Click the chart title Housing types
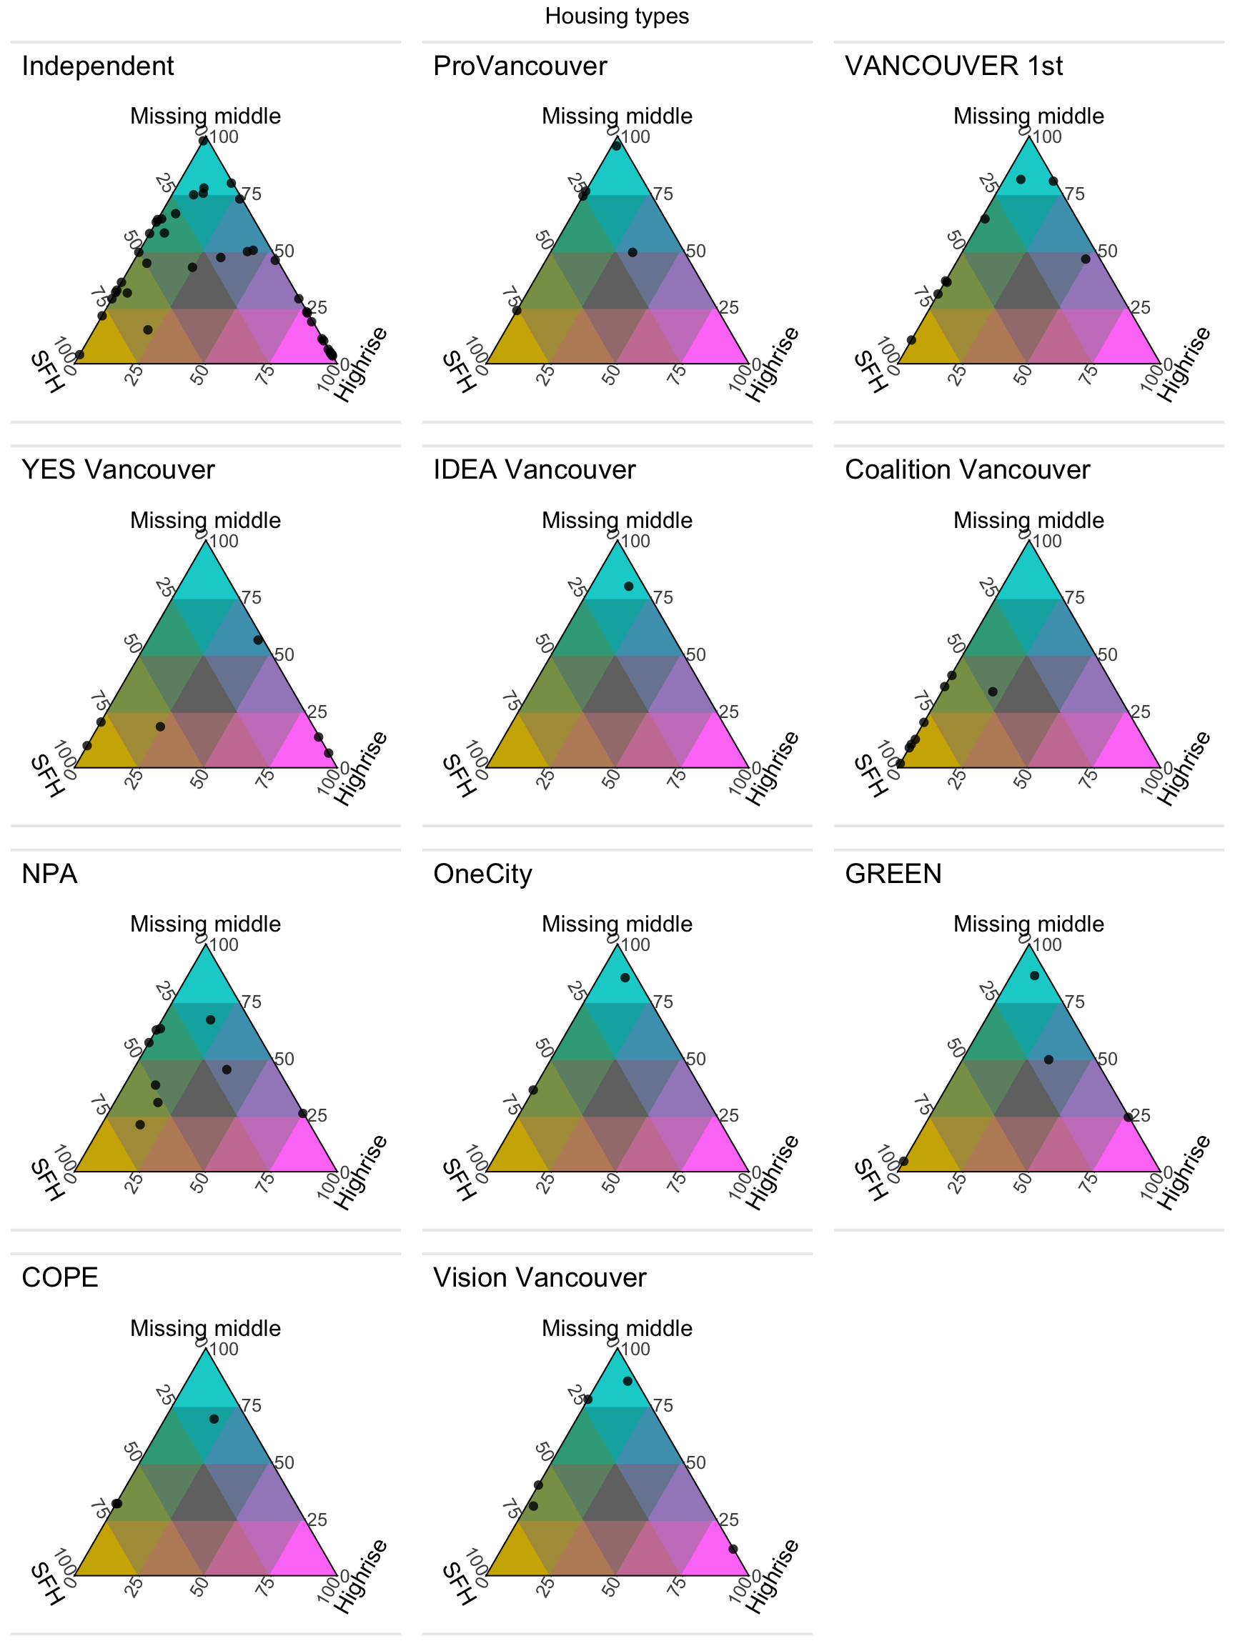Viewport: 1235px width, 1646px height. [616, 16]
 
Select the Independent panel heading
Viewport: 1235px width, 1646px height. [97, 66]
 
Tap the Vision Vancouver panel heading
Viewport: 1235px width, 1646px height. [540, 1277]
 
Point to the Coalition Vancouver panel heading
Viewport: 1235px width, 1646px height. [967, 470]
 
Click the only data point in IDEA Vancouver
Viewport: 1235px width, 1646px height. [628, 587]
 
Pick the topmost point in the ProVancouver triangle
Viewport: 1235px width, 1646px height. [616, 146]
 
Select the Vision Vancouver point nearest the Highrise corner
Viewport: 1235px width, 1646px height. [733, 1550]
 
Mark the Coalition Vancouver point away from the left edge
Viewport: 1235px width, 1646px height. [992, 692]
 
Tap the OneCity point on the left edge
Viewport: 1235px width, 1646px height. [533, 1090]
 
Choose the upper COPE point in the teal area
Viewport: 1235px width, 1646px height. [214, 1419]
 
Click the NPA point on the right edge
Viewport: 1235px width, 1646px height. [302, 1113]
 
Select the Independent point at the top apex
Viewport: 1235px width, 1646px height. [203, 140]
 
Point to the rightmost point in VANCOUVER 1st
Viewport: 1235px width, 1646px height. [1086, 259]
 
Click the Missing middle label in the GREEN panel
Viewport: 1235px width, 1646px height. [1028, 924]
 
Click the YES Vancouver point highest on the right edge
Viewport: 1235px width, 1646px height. [257, 640]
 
